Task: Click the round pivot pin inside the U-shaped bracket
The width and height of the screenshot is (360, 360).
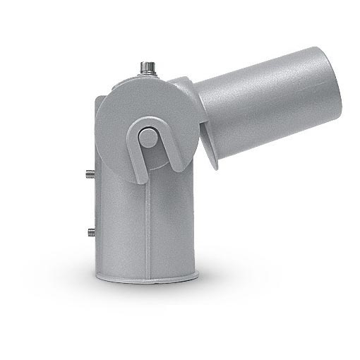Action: coord(148,137)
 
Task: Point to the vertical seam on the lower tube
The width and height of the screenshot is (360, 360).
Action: coord(147,226)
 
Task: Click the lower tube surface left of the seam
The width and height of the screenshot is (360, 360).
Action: coord(120,226)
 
